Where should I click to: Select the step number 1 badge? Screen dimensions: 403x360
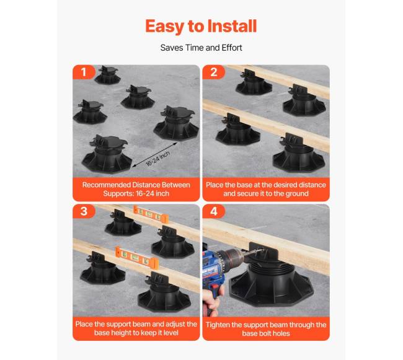[84, 72]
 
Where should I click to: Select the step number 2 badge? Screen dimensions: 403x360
[213, 72]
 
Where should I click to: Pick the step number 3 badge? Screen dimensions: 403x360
[84, 211]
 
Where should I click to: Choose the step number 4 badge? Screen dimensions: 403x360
[213, 211]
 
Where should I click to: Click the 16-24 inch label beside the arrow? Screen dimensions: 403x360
[158, 159]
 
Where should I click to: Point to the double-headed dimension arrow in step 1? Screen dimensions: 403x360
[155, 154]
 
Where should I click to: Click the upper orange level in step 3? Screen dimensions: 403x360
[151, 214]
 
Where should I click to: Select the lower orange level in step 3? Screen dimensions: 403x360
[137, 258]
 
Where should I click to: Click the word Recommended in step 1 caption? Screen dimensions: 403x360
[107, 185]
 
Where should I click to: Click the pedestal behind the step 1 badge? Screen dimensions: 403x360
[107, 75]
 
